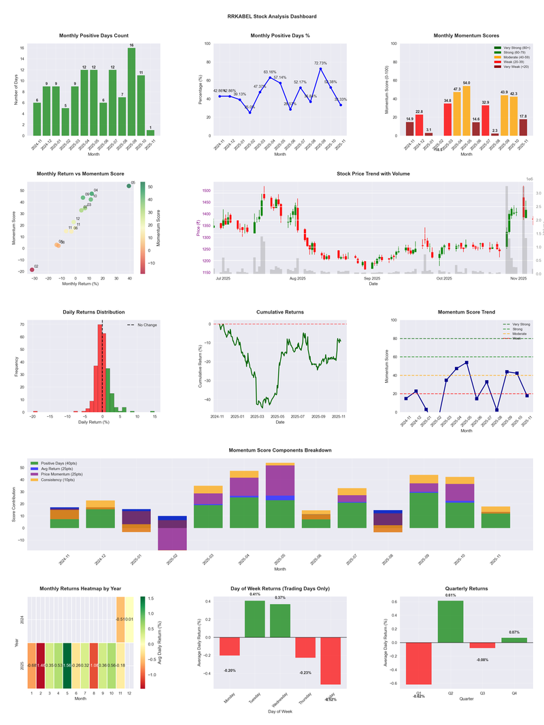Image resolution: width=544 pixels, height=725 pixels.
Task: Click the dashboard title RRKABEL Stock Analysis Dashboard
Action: (272, 16)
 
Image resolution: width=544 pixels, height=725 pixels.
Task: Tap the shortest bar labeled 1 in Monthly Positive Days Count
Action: (150, 133)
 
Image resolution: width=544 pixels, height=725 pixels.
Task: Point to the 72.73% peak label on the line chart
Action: (320, 63)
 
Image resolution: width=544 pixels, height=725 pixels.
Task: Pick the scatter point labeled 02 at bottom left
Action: (32, 270)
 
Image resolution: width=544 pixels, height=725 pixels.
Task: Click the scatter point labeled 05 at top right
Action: (129, 186)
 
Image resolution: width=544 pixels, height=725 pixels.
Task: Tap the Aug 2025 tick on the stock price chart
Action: (297, 278)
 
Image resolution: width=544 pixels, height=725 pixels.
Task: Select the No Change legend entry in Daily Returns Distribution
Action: (141, 325)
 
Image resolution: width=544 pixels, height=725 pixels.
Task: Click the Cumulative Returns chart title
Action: (280, 312)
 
